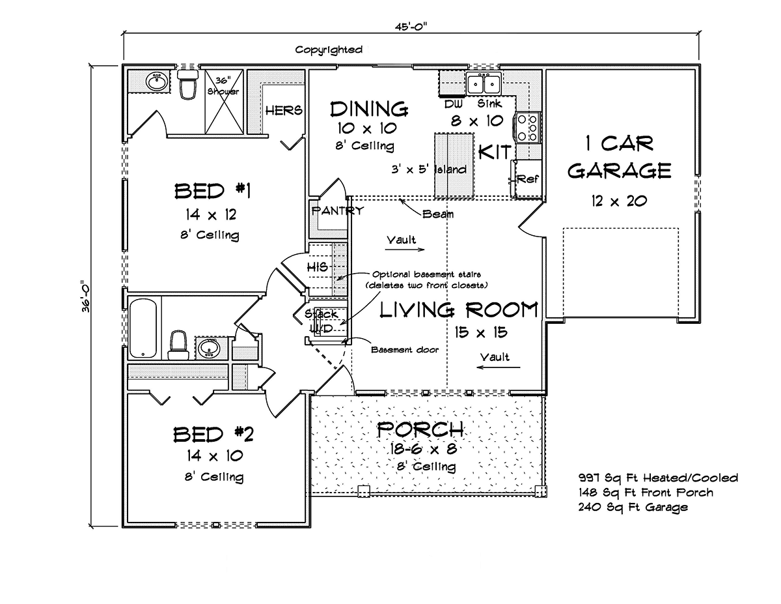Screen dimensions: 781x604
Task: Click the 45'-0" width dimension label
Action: (411, 27)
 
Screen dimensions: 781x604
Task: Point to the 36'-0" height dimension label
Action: (85, 296)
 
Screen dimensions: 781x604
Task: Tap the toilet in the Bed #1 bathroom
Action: (188, 84)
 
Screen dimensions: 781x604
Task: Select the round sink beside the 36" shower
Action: (157, 82)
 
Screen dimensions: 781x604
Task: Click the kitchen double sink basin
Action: (484, 83)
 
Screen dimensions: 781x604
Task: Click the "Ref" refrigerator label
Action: (528, 179)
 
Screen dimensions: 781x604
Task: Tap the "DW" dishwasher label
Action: (453, 104)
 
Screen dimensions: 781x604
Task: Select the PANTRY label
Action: (338, 211)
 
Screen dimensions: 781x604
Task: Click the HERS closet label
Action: (284, 110)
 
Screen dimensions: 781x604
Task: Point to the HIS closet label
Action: (318, 267)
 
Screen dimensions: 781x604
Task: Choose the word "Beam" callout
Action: (438, 214)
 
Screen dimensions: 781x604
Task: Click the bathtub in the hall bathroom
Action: (143, 329)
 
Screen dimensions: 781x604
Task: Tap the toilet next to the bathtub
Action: (178, 345)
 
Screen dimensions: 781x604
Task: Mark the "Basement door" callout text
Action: (405, 350)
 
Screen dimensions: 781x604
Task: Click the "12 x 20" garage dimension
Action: (619, 201)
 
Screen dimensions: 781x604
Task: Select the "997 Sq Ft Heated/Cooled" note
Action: (658, 478)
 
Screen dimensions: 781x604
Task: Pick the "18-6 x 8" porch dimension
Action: (424, 448)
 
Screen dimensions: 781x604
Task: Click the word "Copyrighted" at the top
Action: (329, 50)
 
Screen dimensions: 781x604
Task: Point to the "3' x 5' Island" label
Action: (429, 169)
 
